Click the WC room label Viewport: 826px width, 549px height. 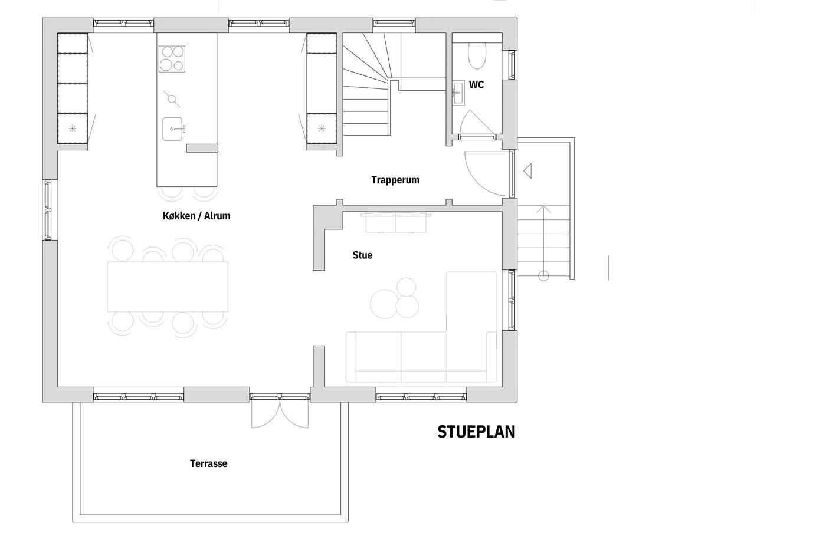pyautogui.click(x=476, y=85)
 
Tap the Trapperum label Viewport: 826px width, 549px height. pyautogui.click(x=395, y=180)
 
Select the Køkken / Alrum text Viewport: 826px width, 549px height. pyautogui.click(x=196, y=216)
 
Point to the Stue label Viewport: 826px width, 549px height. pyautogui.click(x=362, y=255)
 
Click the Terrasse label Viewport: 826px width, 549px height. pyautogui.click(x=209, y=463)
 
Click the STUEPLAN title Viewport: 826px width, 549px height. pyautogui.click(x=477, y=432)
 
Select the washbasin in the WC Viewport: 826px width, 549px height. pyautogui.click(x=458, y=92)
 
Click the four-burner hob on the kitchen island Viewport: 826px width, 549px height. pyautogui.click(x=172, y=59)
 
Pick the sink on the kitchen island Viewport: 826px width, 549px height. pyautogui.click(x=173, y=129)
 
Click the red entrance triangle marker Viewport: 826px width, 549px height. pyautogui.click(x=527, y=171)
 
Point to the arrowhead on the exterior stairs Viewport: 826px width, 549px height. pyautogui.click(x=543, y=209)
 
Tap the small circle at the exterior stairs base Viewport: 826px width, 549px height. pyautogui.click(x=543, y=275)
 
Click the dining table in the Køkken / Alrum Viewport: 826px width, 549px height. pyautogui.click(x=168, y=287)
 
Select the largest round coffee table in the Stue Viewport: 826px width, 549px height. pyautogui.click(x=384, y=304)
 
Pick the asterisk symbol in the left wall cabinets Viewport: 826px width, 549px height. pyautogui.click(x=73, y=129)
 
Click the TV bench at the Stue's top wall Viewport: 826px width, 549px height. pyautogui.click(x=396, y=222)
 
